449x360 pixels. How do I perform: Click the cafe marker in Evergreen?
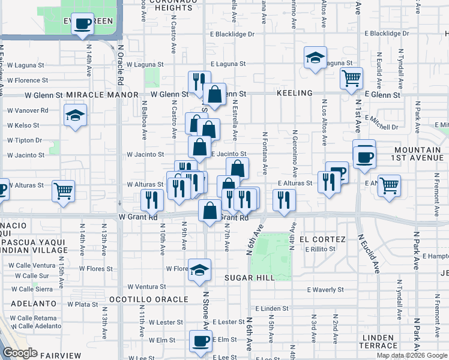pos(82,25)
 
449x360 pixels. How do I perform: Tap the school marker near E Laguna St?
pos(315,58)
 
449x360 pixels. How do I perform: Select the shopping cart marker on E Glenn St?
pos(351,77)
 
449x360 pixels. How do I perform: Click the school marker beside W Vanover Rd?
pos(75,116)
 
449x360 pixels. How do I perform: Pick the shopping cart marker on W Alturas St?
pos(63,191)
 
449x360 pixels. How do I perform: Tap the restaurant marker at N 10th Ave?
pos(152,200)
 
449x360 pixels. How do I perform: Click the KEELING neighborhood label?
pos(295,94)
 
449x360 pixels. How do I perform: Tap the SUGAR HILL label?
pos(250,278)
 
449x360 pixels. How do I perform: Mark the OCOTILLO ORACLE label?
pos(149,299)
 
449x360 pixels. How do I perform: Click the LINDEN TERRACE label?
pos(378,341)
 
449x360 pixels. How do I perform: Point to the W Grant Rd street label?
pos(137,217)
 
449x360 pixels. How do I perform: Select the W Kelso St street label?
pos(23,125)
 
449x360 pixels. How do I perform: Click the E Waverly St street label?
pos(325,289)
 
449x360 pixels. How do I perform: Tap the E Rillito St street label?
pos(323,249)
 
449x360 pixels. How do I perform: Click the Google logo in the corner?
pos(20,353)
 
